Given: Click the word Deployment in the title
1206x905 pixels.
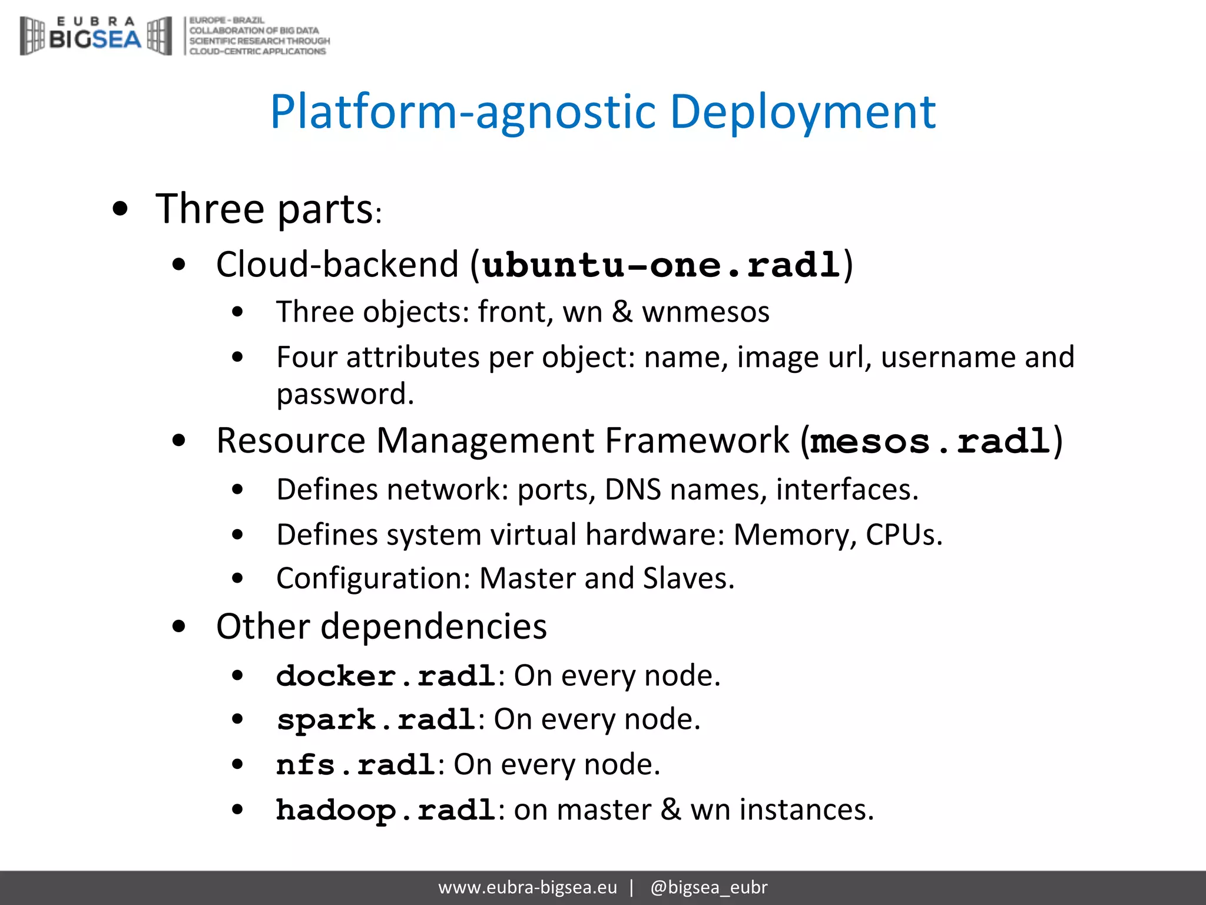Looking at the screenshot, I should pyautogui.click(x=802, y=112).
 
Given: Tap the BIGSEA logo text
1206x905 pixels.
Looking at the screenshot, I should pyautogui.click(x=95, y=39).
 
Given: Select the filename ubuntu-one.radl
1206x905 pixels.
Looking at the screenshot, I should pyautogui.click(x=661, y=265).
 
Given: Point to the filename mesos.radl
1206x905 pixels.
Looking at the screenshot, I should pyautogui.click(x=930, y=441).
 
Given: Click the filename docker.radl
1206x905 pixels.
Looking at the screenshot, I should pyautogui.click(x=386, y=676).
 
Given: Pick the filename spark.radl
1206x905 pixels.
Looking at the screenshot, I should pyautogui.click(x=376, y=720).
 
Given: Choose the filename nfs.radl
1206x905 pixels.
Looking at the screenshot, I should pyautogui.click(x=356, y=765).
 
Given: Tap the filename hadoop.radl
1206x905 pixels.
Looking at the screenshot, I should pyautogui.click(x=386, y=810).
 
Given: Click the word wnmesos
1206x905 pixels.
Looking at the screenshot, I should pyautogui.click(x=705, y=312).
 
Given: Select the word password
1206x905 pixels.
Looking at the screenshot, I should pyautogui.click(x=345, y=394).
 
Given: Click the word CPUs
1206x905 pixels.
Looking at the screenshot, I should pyautogui.click(x=903, y=535).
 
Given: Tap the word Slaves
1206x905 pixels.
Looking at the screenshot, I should pyautogui.click(x=688, y=579).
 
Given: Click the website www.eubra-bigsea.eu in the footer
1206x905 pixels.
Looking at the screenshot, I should pyautogui.click(x=528, y=887).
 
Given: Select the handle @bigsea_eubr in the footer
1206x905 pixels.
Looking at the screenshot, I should pyautogui.click(x=708, y=887).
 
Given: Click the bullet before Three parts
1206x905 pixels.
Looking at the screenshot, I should pyautogui.click(x=120, y=209).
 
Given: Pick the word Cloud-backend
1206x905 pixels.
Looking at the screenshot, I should pyautogui.click(x=337, y=265).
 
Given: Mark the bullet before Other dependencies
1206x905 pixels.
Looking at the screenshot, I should pyautogui.click(x=179, y=627).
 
